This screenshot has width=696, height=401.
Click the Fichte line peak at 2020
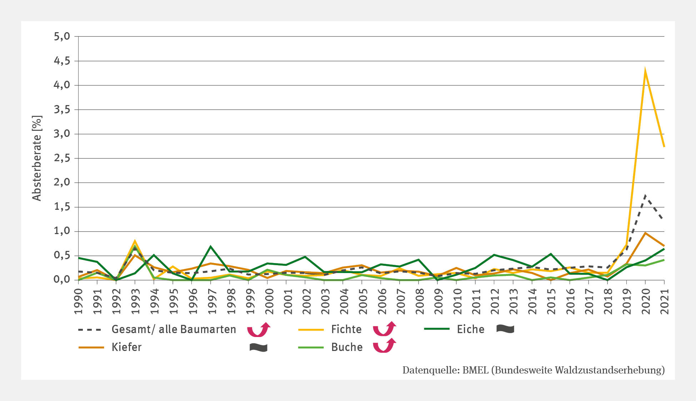tap(645, 71)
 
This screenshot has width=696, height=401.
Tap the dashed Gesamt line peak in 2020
tap(645, 195)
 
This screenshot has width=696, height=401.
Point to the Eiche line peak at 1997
tap(211, 247)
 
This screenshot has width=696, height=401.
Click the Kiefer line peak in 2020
tap(645, 233)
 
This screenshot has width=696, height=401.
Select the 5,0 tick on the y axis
tap(61, 36)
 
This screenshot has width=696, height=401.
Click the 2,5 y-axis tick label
tap(61, 158)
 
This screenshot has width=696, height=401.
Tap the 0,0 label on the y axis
tap(61, 280)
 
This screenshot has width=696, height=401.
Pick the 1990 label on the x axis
tap(79, 301)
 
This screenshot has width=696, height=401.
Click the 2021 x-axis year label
tap(664, 301)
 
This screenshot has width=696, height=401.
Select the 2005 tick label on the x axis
tap(362, 301)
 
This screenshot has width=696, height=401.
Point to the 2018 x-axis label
tap(607, 301)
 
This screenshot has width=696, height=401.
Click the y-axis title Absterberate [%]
tap(37, 158)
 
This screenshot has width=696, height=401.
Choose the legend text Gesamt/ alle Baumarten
tap(174, 329)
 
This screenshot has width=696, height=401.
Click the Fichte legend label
tap(346, 329)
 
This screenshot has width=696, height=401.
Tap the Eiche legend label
tap(470, 329)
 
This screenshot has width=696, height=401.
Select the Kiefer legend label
tap(126, 347)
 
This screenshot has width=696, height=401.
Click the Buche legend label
tap(347, 347)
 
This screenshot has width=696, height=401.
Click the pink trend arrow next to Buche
tap(385, 346)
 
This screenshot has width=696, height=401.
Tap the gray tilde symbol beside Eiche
tap(505, 329)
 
